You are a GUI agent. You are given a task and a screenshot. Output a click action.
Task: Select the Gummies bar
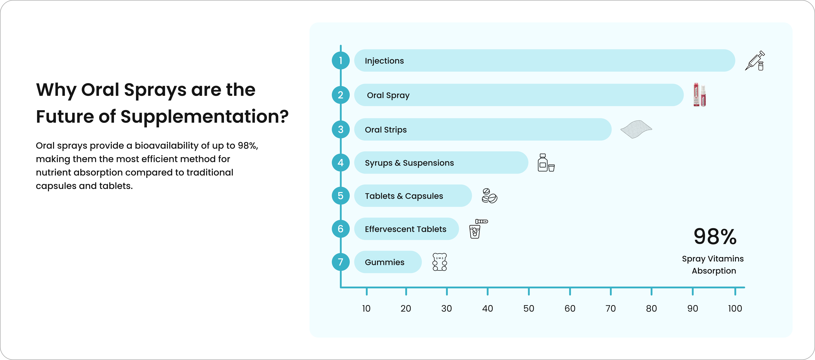tap(388, 262)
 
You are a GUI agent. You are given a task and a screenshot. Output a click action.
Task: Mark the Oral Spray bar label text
tap(388, 95)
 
